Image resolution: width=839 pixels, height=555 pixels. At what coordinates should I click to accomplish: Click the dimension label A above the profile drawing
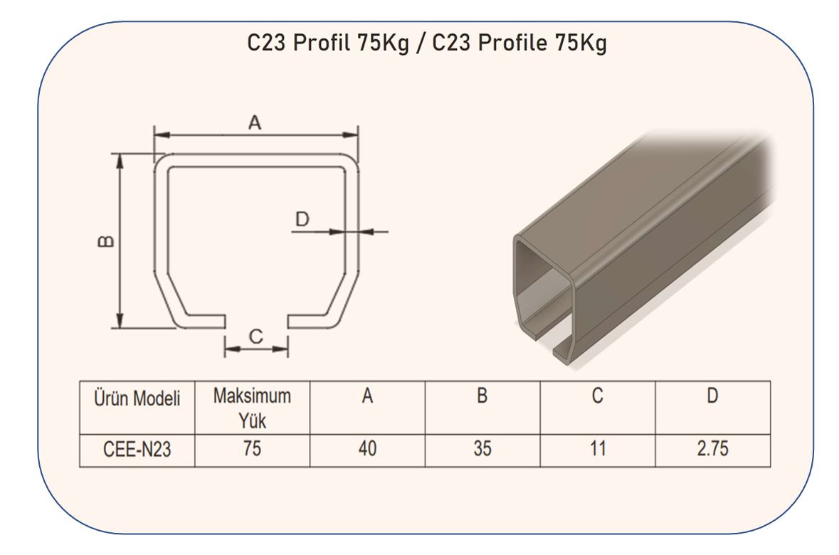click(x=255, y=122)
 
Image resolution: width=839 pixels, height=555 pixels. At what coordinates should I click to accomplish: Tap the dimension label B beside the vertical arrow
click(x=107, y=241)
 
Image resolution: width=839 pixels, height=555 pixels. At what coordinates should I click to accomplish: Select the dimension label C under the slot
click(x=255, y=336)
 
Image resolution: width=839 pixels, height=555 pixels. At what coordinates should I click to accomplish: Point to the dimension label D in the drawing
click(x=302, y=219)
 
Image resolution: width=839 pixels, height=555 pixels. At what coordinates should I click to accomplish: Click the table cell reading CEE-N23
click(x=137, y=449)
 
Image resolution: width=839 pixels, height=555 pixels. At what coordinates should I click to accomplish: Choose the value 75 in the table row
click(x=252, y=448)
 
